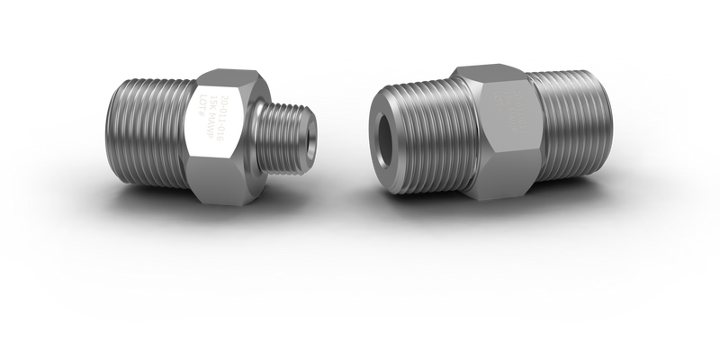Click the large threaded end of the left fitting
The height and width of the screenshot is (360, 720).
[149, 128]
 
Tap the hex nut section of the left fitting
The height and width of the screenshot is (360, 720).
[219, 130]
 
